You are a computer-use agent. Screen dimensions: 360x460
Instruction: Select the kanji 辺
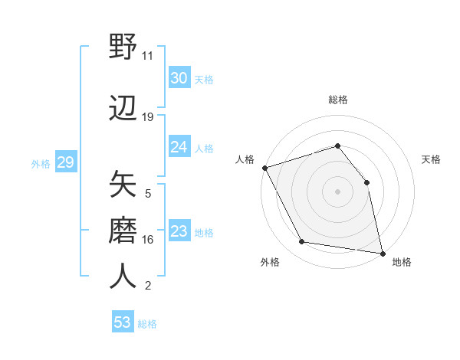[x=123, y=109]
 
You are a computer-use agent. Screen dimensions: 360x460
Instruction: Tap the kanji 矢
[x=123, y=184]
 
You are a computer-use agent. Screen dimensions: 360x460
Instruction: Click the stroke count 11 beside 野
[x=148, y=56]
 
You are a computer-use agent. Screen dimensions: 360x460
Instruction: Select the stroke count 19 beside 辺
[x=148, y=117]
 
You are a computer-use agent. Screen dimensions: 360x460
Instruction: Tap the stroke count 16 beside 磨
[x=148, y=240]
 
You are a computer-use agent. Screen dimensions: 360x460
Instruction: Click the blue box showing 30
[x=179, y=77]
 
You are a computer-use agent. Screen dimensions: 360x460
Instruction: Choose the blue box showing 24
[x=179, y=147]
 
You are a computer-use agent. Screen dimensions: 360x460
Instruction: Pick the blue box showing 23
[x=179, y=231]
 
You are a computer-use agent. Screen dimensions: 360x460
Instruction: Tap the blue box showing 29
[x=65, y=162]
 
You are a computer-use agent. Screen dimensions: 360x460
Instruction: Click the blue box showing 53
[x=122, y=322]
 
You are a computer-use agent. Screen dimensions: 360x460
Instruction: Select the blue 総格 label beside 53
[x=148, y=324]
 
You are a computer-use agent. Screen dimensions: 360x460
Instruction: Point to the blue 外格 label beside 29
[x=41, y=163]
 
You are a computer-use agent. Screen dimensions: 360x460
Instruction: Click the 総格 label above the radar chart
[x=337, y=100]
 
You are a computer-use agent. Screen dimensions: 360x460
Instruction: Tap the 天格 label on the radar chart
[x=431, y=159]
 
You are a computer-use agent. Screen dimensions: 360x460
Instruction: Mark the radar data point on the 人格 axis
[x=264, y=168]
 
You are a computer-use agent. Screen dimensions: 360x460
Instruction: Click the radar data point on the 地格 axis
[x=382, y=253]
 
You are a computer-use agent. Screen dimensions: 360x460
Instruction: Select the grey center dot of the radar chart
[x=337, y=191]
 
